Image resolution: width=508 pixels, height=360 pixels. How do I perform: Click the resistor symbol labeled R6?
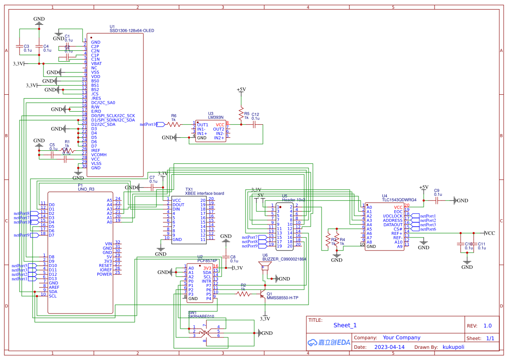pos(173,124)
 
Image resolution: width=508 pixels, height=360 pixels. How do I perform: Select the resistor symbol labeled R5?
pos(241,113)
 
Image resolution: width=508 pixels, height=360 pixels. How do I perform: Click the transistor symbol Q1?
pos(263,294)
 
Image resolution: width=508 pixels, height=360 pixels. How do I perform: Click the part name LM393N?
pos(216,117)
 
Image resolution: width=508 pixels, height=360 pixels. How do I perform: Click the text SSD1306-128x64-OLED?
pos(132,31)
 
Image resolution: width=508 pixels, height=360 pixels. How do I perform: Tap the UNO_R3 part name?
pos(86,189)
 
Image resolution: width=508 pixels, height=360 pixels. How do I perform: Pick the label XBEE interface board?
pos(204,194)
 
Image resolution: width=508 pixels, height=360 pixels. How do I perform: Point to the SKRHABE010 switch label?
pos(201,317)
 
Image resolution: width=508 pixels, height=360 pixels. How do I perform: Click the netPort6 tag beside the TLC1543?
pos(428,229)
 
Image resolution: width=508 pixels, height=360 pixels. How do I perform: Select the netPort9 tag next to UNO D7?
pos(21,235)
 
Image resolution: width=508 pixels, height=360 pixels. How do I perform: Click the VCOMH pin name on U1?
pos(99,155)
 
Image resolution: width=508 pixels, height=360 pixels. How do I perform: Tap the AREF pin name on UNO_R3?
pos(54,287)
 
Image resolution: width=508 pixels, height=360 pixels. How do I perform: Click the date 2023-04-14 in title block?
pos(389,347)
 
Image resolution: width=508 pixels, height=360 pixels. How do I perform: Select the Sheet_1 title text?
pos(345,325)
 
